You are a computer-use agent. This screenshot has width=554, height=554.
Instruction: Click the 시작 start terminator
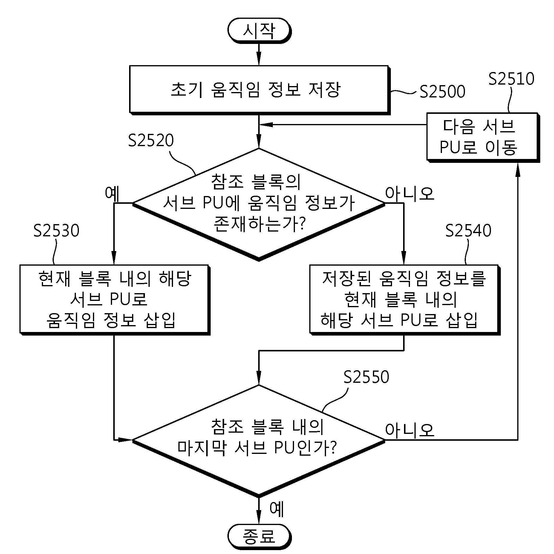coord(259,30)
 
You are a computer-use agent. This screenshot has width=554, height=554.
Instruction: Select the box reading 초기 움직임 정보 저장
coord(259,90)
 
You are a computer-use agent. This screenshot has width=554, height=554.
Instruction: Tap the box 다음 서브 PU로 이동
coord(482,137)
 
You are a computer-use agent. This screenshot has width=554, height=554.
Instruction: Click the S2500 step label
coord(442,91)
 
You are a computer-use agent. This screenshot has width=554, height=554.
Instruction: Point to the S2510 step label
coord(511,79)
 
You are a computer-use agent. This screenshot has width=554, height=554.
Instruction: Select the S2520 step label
coord(151,140)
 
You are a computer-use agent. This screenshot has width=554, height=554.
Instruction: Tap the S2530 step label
coord(56,230)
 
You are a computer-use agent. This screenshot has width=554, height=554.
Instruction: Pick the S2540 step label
coord(468,230)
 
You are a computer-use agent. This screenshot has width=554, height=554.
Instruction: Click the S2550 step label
coord(366,377)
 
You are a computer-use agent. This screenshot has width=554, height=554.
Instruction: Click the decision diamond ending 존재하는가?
coord(259,204)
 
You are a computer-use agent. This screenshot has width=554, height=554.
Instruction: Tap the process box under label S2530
coord(114,299)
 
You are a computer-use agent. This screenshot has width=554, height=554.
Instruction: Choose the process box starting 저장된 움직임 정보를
coord(404,299)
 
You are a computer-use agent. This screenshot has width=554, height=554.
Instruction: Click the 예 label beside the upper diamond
coord(112,193)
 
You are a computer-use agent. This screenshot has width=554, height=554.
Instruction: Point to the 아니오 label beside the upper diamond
coord(409,193)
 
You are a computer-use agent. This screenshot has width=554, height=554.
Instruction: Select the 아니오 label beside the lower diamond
coord(409,430)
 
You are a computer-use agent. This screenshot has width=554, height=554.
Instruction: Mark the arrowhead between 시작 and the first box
coord(259,59)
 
